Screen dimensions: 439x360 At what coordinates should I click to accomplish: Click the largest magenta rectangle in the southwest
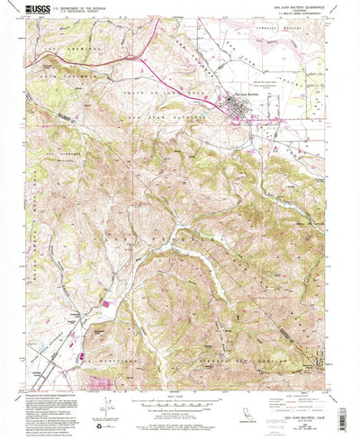point(107,305)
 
